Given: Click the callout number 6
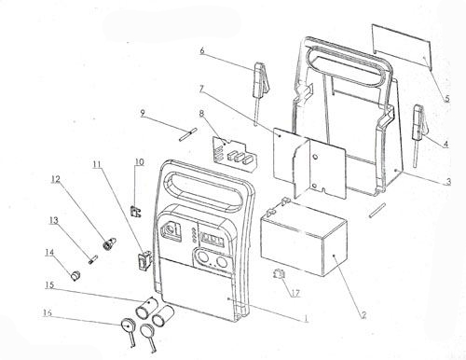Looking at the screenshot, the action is point(202,50).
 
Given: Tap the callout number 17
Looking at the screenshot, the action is point(295,293).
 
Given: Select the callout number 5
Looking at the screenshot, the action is point(446,98).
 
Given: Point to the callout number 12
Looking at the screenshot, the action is point(56,179).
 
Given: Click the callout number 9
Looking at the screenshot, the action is point(143,113).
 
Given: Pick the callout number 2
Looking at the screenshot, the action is point(363,315).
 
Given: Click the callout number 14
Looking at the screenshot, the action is point(49,252).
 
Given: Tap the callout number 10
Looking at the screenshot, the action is point(140,162).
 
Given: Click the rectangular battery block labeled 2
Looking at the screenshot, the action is point(304,238).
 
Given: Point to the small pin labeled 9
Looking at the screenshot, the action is point(188,134).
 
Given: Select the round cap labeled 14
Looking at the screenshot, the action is point(75,275).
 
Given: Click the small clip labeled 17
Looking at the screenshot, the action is point(279,274).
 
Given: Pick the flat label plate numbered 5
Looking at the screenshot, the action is point(402,47).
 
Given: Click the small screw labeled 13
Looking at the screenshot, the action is point(93,259).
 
